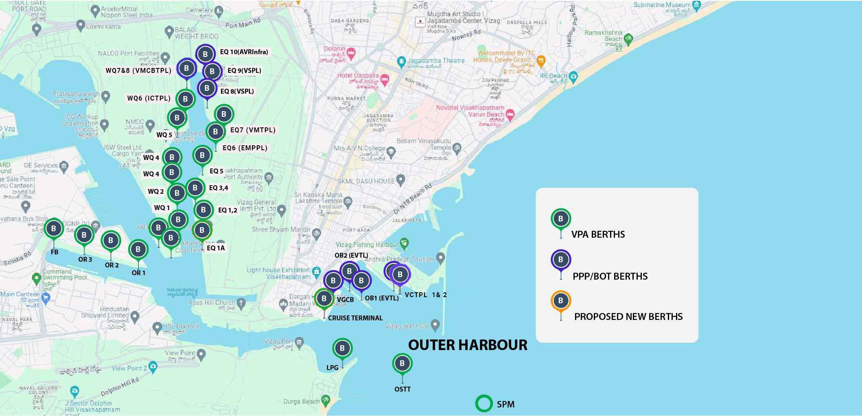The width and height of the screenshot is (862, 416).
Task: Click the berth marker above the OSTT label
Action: coord(402,363)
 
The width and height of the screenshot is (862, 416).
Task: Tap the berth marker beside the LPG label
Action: coord(342,348)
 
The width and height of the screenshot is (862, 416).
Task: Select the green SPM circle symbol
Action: coord(484,404)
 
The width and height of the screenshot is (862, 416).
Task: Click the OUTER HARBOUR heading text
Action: coord(468,345)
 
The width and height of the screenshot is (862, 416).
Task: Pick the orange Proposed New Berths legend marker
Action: coord(560,301)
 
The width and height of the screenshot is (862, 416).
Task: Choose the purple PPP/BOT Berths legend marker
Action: coord(560,259)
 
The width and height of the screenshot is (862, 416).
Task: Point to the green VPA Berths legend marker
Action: coord(560,219)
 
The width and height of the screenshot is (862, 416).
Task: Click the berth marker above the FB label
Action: coord(54,229)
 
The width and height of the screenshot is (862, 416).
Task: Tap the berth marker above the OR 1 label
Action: coord(138,249)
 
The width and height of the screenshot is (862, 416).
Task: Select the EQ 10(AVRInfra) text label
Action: coord(244,52)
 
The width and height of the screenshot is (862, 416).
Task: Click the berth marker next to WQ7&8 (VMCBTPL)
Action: coord(187,68)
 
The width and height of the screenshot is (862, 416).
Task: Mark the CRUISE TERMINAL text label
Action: coord(355,318)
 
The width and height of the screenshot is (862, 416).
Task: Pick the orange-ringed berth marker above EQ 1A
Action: coord(202,230)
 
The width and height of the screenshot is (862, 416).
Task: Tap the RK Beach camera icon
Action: coord(573,76)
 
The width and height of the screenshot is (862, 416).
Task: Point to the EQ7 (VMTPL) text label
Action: coord(253,130)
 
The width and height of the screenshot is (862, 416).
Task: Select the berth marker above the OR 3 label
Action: coord(84,235)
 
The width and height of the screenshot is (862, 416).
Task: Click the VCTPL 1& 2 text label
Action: coord(426,295)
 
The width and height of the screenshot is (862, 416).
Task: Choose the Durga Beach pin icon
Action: coord(325,401)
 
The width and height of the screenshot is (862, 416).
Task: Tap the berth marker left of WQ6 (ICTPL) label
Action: coord(186,99)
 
